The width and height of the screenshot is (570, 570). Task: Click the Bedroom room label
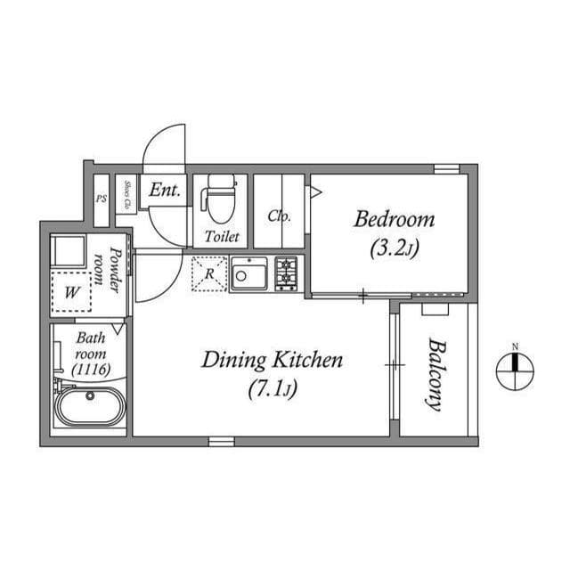[394, 219]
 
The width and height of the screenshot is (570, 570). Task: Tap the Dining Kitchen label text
[272, 361]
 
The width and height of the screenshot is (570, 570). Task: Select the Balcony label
[435, 373]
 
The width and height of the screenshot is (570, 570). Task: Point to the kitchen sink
[248, 274]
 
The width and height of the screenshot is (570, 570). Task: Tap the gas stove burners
[287, 273]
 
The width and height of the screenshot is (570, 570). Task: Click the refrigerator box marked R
[208, 274]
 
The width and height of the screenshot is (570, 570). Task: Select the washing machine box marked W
[71, 291]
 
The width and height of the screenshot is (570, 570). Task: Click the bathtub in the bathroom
[88, 407]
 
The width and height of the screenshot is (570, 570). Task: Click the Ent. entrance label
[165, 190]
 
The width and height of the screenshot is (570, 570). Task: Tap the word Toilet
[220, 237]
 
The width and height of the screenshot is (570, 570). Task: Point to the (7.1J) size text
[272, 389]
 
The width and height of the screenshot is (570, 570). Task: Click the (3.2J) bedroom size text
[394, 249]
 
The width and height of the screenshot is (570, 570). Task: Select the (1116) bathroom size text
[90, 367]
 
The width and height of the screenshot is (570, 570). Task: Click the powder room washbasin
[68, 251]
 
